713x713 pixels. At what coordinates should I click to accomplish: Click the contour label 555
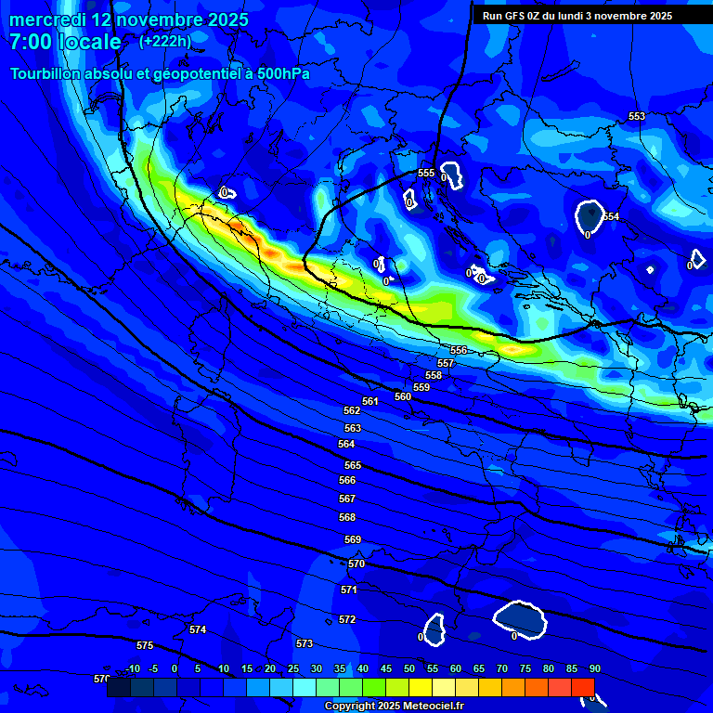(426, 174)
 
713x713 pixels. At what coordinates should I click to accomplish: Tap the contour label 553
(637, 116)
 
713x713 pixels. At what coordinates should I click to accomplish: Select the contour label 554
(611, 216)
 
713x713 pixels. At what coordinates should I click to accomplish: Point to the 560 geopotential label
(403, 396)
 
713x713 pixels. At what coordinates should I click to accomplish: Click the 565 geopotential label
(353, 465)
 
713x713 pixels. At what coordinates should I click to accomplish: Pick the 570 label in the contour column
(356, 564)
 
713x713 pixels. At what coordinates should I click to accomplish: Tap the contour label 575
(145, 645)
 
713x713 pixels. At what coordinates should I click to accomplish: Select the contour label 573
(305, 643)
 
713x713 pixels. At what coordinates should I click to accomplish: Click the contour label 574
(198, 629)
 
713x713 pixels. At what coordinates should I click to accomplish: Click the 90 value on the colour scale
(594, 668)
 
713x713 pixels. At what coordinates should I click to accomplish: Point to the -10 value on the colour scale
(132, 668)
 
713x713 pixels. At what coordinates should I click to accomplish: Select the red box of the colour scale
(582, 687)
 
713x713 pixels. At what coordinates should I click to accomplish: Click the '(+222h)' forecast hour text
(165, 41)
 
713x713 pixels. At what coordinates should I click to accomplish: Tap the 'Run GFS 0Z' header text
(516, 16)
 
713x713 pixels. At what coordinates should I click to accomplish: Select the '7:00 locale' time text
(65, 42)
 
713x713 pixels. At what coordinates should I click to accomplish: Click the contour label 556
(459, 350)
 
